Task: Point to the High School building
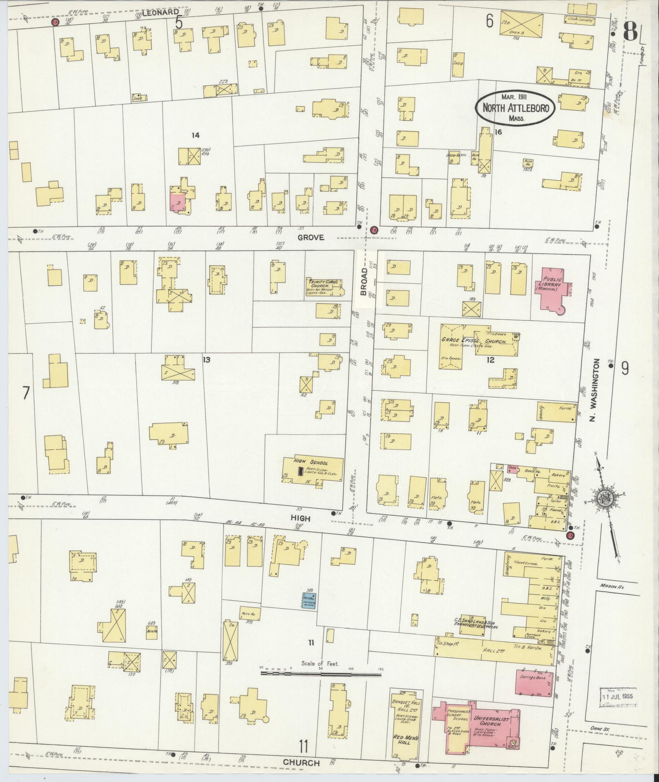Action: click(313, 469)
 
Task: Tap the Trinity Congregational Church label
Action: click(324, 285)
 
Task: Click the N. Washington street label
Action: click(597, 391)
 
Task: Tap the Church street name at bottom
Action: click(302, 763)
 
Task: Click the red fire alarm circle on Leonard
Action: click(54, 22)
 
